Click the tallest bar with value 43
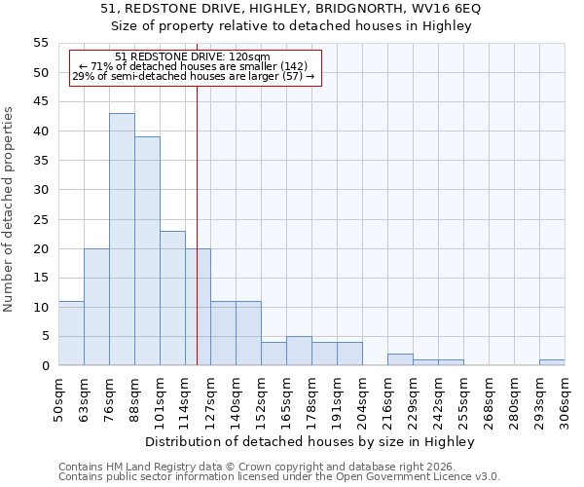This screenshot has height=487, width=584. coord(122,240)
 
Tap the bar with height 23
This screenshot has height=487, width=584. coord(172,298)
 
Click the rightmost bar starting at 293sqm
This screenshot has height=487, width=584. coord(552,362)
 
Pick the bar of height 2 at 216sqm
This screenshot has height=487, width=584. coord(400,359)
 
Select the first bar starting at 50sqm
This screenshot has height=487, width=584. coord(71,333)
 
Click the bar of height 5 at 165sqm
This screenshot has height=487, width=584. coord(299,351)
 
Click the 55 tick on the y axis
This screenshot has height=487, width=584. coord(41,43)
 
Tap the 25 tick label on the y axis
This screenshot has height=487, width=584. coord(41,219)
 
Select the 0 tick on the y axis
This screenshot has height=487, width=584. coord(45,366)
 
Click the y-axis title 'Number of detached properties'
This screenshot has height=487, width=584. coord(9,209)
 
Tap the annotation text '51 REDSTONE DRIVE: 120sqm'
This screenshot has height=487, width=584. coord(193,57)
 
